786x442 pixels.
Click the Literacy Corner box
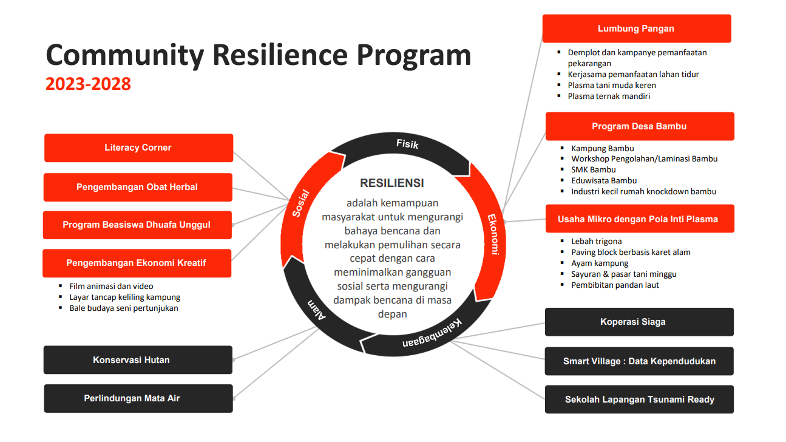[x=138, y=148]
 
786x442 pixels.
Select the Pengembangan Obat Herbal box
[x=138, y=187]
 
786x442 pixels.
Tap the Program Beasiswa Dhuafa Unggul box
[x=137, y=225]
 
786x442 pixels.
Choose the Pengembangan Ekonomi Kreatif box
[x=137, y=263]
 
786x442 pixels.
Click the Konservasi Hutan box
[x=138, y=360]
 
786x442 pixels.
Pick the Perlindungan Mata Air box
[x=138, y=398]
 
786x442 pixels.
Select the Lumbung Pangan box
[x=636, y=29]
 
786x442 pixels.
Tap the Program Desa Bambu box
[x=639, y=126]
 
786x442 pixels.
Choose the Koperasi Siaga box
[x=639, y=322]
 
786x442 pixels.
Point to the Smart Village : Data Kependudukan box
[x=639, y=361]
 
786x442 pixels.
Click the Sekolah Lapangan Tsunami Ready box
[x=639, y=399]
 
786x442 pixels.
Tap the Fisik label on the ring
[x=407, y=144]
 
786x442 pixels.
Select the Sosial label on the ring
[x=301, y=203]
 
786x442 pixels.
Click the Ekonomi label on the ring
[x=493, y=234]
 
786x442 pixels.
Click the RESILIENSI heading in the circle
[x=392, y=183]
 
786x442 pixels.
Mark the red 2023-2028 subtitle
[x=89, y=84]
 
